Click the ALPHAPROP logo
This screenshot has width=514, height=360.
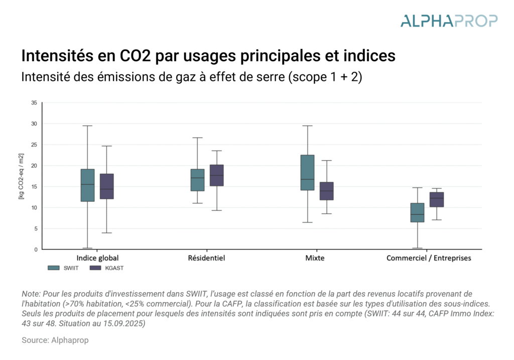click(x=449, y=21)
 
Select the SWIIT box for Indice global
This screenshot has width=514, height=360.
click(x=87, y=185)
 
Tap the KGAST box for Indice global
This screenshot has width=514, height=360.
click(x=107, y=186)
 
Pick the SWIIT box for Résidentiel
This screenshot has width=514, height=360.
click(x=197, y=180)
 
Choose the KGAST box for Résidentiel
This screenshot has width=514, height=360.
click(x=216, y=175)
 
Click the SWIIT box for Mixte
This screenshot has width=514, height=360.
click(x=307, y=173)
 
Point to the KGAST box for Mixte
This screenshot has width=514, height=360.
click(x=326, y=191)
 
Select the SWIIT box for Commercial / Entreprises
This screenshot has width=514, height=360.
click(x=417, y=212)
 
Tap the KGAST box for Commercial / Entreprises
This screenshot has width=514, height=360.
click(x=437, y=199)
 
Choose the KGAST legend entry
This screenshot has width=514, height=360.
click(x=106, y=268)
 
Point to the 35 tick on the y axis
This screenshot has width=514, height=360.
click(x=34, y=103)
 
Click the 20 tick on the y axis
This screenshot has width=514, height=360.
click(x=34, y=166)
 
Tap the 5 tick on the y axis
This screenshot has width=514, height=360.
click(x=36, y=228)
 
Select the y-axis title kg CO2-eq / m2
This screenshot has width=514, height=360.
click(x=21, y=176)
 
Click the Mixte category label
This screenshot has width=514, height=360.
click(x=315, y=258)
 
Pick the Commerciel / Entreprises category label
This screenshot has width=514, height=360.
click(x=429, y=258)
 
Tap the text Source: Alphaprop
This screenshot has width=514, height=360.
click(x=55, y=340)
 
